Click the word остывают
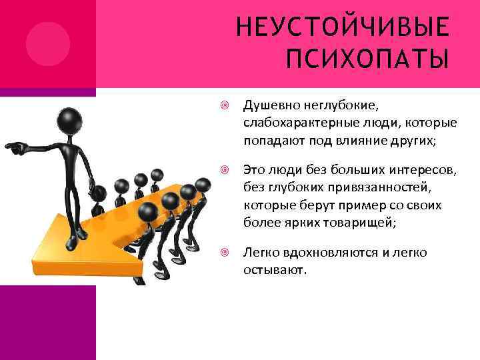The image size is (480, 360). pyautogui.click(x=274, y=271)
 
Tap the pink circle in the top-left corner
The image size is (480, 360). pyautogui.click(x=48, y=43)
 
